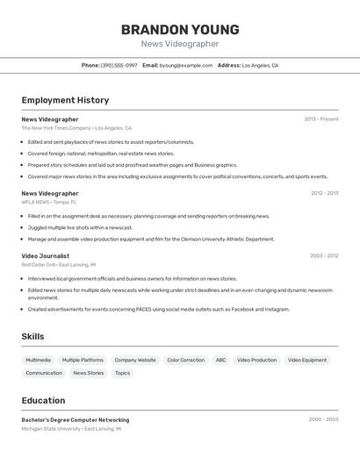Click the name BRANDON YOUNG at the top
[180, 30]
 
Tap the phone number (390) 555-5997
[119, 65]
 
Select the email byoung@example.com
[186, 65]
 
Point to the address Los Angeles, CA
[260, 65]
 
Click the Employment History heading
[65, 100]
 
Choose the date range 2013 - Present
[321, 119]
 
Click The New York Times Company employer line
[76, 128]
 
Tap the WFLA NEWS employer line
[49, 202]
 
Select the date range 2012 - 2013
[324, 193]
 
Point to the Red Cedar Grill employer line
[59, 264]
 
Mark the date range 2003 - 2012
[324, 255]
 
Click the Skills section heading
[32, 336]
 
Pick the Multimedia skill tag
[38, 360]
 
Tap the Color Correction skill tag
[185, 360]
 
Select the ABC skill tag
[220, 360]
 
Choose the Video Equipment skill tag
[307, 360]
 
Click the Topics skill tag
[122, 373]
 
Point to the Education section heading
[43, 400]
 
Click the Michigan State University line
[71, 429]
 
